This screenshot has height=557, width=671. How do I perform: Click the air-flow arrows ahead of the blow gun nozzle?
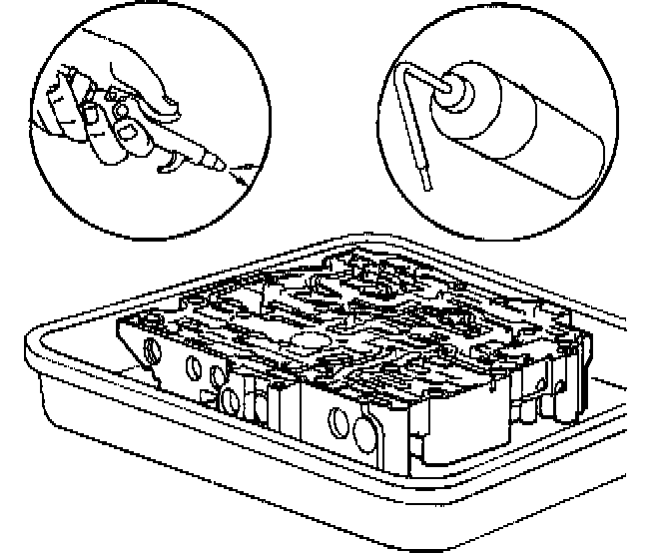(x=241, y=176)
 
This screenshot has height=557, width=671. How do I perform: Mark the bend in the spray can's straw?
(x=404, y=72)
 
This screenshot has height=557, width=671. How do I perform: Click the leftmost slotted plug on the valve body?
(x=152, y=349)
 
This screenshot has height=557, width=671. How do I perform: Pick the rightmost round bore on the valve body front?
(x=361, y=429)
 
